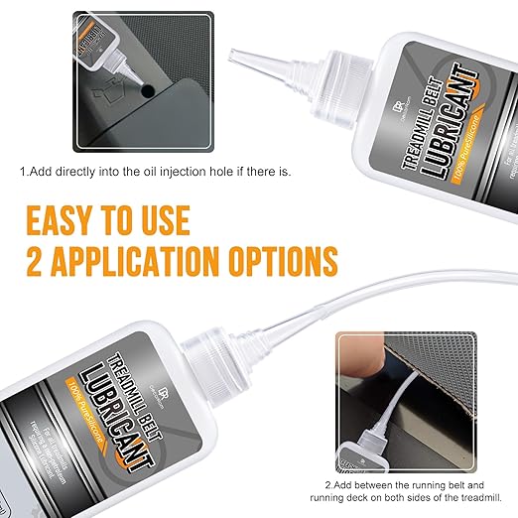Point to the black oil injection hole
(x=147, y=89)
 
